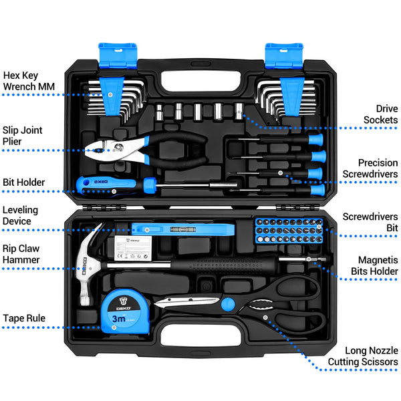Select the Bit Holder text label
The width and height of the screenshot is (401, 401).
coord(24,182)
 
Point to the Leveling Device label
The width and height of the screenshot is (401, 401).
coord(21,215)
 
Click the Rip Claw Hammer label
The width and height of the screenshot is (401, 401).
coord(21,254)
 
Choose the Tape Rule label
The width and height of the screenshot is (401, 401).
coord(24,318)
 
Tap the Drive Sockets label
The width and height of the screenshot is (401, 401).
coord(380,114)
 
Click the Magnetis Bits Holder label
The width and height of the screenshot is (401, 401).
coord(374,265)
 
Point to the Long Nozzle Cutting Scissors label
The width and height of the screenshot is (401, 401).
coord(363,356)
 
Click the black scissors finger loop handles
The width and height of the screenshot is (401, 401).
coord(294,301)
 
